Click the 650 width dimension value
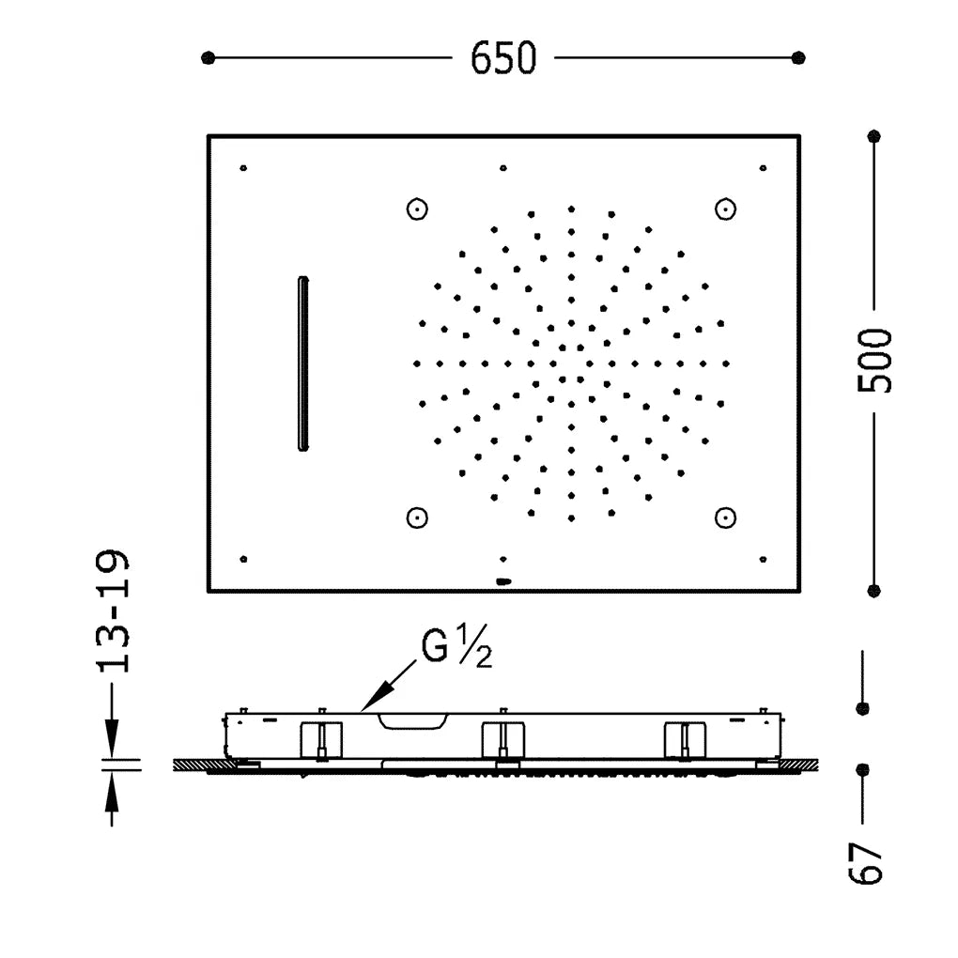point(503,58)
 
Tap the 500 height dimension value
point(875,361)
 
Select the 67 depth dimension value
point(866,863)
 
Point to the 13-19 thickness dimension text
point(113,611)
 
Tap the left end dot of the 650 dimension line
point(208,58)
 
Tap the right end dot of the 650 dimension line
point(798,58)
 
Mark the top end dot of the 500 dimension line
point(873,136)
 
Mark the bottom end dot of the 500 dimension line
point(873,590)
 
